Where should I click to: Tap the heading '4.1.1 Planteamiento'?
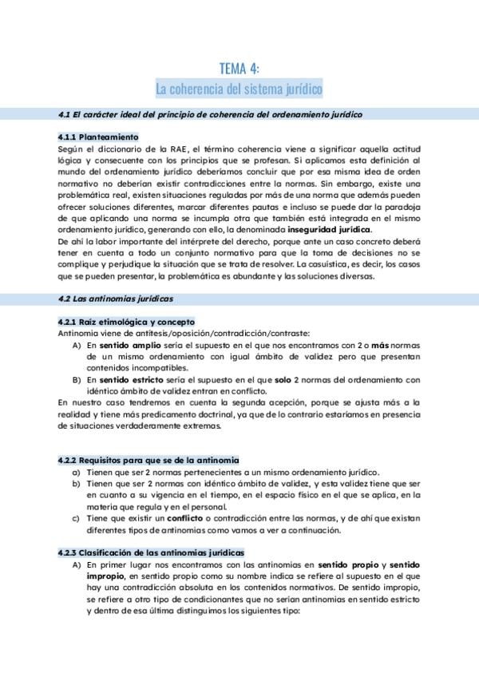click(x=99, y=137)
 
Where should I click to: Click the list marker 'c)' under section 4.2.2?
click(x=76, y=519)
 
